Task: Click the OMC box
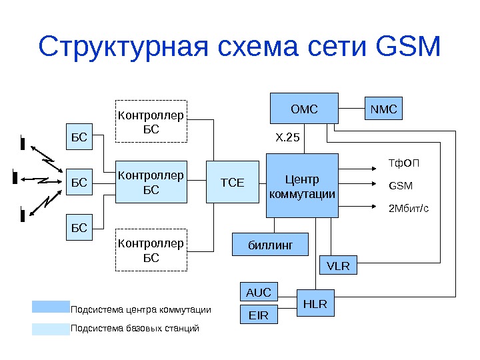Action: coord(303,109)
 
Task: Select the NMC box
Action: coord(383,109)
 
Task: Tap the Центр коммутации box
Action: coord(302,186)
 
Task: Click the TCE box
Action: coord(232,181)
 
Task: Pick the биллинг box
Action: coord(270,245)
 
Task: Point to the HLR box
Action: coord(315,303)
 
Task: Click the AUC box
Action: coord(259,292)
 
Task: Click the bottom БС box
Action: coord(79,227)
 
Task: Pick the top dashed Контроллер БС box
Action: coord(151,122)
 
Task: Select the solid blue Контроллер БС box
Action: coord(151,181)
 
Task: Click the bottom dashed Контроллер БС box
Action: coord(151,251)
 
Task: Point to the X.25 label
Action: coord(288,138)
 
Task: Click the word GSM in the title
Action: coord(409,48)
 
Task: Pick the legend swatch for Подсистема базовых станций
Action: coord(50,329)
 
